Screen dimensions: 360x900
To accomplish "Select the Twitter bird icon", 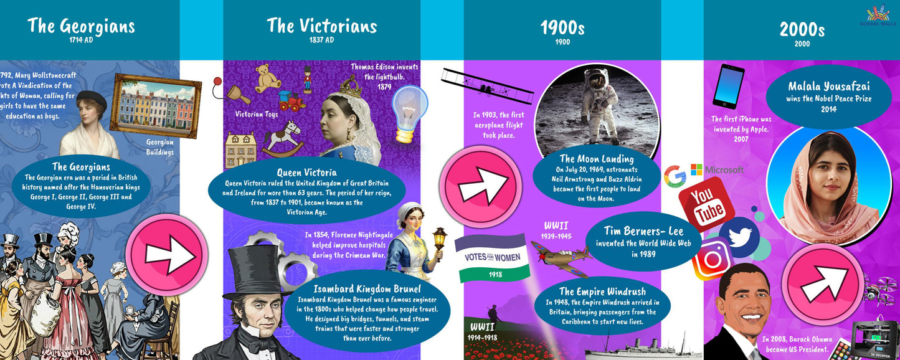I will (739, 237).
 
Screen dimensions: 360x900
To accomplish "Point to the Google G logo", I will (674, 176).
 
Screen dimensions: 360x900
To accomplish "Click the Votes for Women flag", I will (491, 257).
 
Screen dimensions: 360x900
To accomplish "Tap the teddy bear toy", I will (268, 78).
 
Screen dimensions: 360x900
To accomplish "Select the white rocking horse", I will (283, 138).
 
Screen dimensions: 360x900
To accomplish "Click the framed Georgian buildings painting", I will (156, 105).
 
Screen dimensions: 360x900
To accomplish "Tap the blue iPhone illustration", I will (728, 87).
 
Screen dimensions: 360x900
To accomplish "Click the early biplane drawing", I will (487, 85).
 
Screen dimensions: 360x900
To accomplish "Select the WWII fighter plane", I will (561, 256).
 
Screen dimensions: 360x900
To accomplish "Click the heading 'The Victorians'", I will (321, 26).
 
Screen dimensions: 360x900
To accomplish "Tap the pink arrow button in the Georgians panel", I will (166, 254).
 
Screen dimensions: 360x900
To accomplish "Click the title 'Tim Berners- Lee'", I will (643, 231).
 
